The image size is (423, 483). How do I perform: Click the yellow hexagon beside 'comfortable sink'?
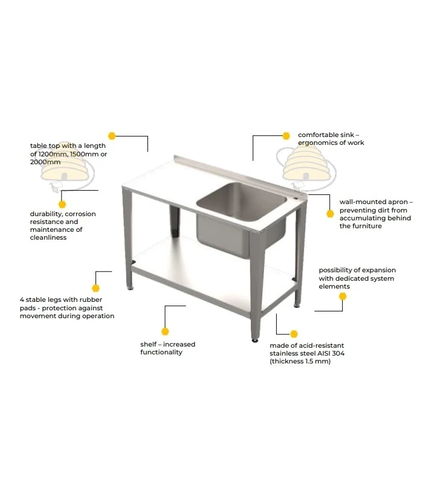[286, 136]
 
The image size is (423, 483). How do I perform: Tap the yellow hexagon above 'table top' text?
[112, 136]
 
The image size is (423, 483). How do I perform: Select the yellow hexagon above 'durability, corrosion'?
[62, 204]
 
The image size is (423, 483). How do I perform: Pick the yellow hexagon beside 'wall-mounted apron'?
[330, 214]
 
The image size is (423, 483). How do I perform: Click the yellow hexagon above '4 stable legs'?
[96, 289]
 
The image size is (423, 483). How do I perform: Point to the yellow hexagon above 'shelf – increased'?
[165, 331]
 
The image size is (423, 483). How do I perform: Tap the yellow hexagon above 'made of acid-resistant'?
[294, 334]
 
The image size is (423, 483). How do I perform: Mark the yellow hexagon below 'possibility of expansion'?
[343, 296]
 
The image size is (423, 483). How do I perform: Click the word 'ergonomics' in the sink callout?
[315, 142]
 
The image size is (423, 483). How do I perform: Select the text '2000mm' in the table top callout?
[45, 162]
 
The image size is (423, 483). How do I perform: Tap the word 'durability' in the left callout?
[47, 214]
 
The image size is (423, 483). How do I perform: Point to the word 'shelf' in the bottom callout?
[148, 344]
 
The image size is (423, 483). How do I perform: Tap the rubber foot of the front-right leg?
[255, 341]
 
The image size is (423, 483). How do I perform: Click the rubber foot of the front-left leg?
[131, 289]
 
